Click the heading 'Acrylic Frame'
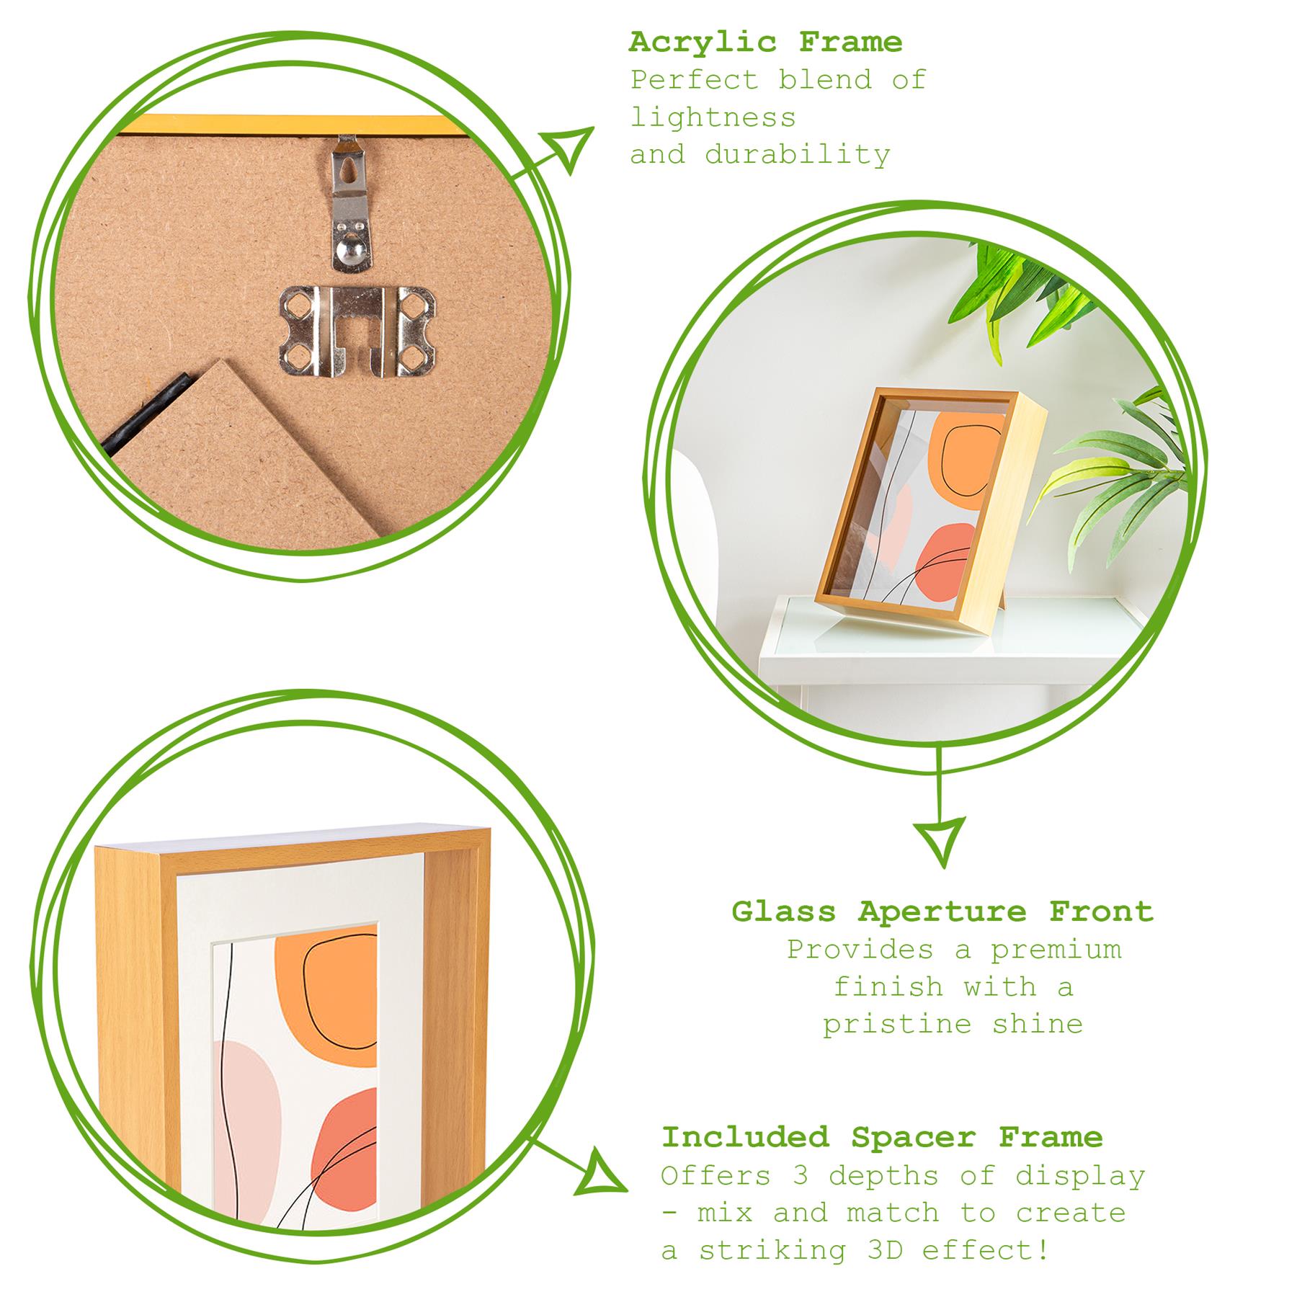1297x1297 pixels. (x=765, y=43)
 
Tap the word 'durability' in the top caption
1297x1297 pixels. (x=798, y=154)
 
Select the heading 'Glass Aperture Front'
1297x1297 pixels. (x=942, y=912)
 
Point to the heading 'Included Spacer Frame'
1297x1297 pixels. (x=882, y=1137)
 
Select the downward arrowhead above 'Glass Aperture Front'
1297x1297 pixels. (x=941, y=839)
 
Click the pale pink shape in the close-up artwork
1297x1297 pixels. (x=249, y=1124)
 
